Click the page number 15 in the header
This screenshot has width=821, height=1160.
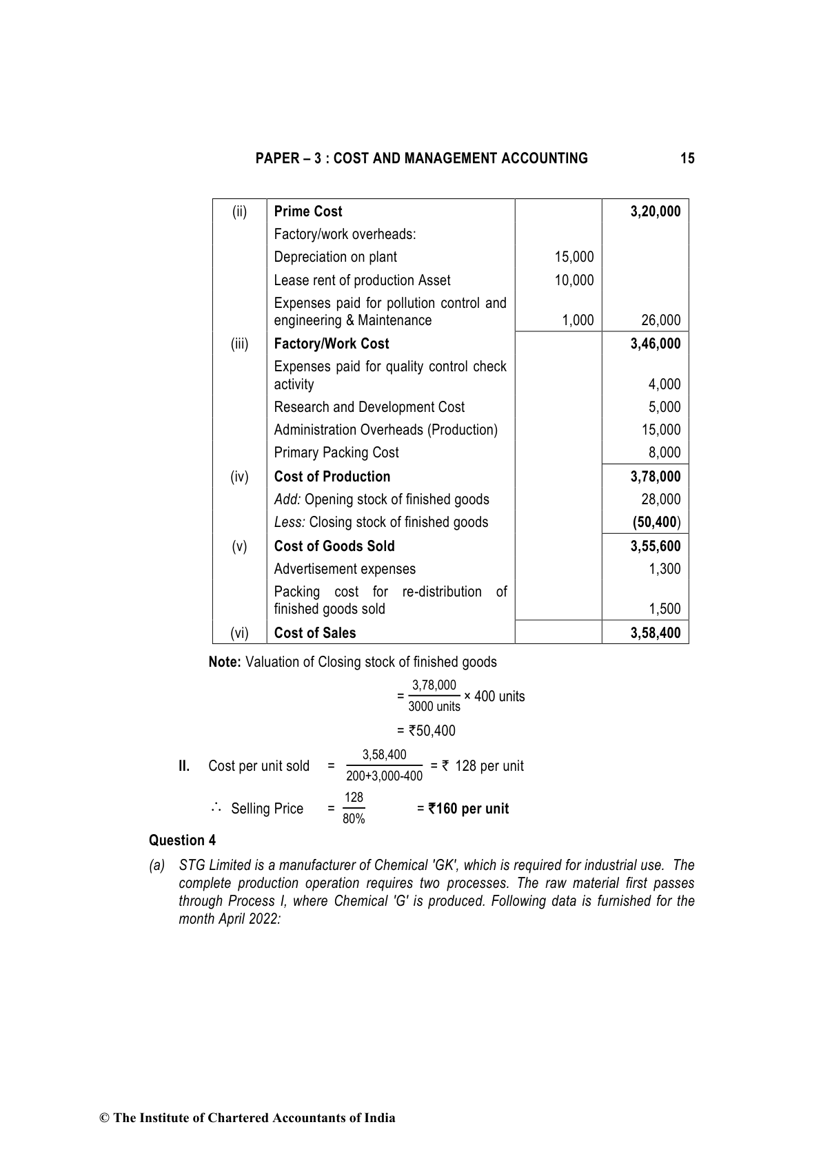687,158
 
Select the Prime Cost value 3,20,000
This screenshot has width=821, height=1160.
655,211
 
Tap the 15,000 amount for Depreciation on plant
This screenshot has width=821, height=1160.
574,257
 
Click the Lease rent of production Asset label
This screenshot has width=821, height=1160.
362,280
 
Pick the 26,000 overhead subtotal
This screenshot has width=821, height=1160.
660,320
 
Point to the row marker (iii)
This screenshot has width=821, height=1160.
239,344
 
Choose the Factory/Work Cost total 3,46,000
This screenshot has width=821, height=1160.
655,344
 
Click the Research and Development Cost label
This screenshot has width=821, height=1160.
369,407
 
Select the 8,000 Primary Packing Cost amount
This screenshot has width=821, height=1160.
665,453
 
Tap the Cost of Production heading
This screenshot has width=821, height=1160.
332,477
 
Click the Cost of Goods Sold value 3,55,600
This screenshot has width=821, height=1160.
655,546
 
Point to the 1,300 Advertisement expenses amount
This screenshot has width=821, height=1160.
665,569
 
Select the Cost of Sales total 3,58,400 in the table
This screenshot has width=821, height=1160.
655,633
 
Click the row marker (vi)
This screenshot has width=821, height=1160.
239,633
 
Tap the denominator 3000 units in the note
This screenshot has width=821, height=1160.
434,707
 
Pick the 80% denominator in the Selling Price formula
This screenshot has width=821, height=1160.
354,819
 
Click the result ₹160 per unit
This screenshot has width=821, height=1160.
468,809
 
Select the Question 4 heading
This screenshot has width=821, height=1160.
182,840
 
